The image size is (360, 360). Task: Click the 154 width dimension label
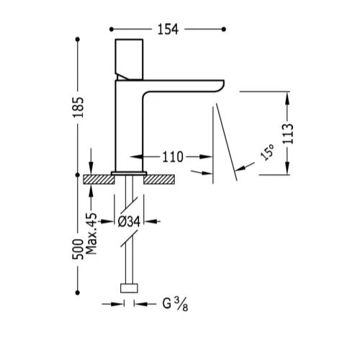pyautogui.click(x=168, y=30)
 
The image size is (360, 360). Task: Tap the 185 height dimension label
pyautogui.click(x=78, y=107)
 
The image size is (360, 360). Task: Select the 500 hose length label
pyautogui.click(x=78, y=249)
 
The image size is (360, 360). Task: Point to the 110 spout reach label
pyautogui.click(x=173, y=157)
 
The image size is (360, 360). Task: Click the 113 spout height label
pyautogui.click(x=288, y=134)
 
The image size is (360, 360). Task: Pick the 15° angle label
pyautogui.click(x=267, y=153)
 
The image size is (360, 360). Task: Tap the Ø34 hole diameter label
pyautogui.click(x=129, y=221)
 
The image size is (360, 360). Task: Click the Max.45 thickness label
pyautogui.click(x=91, y=233)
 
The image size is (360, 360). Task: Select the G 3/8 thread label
pyautogui.click(x=175, y=304)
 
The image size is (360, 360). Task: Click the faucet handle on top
pyautogui.click(x=129, y=59)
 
